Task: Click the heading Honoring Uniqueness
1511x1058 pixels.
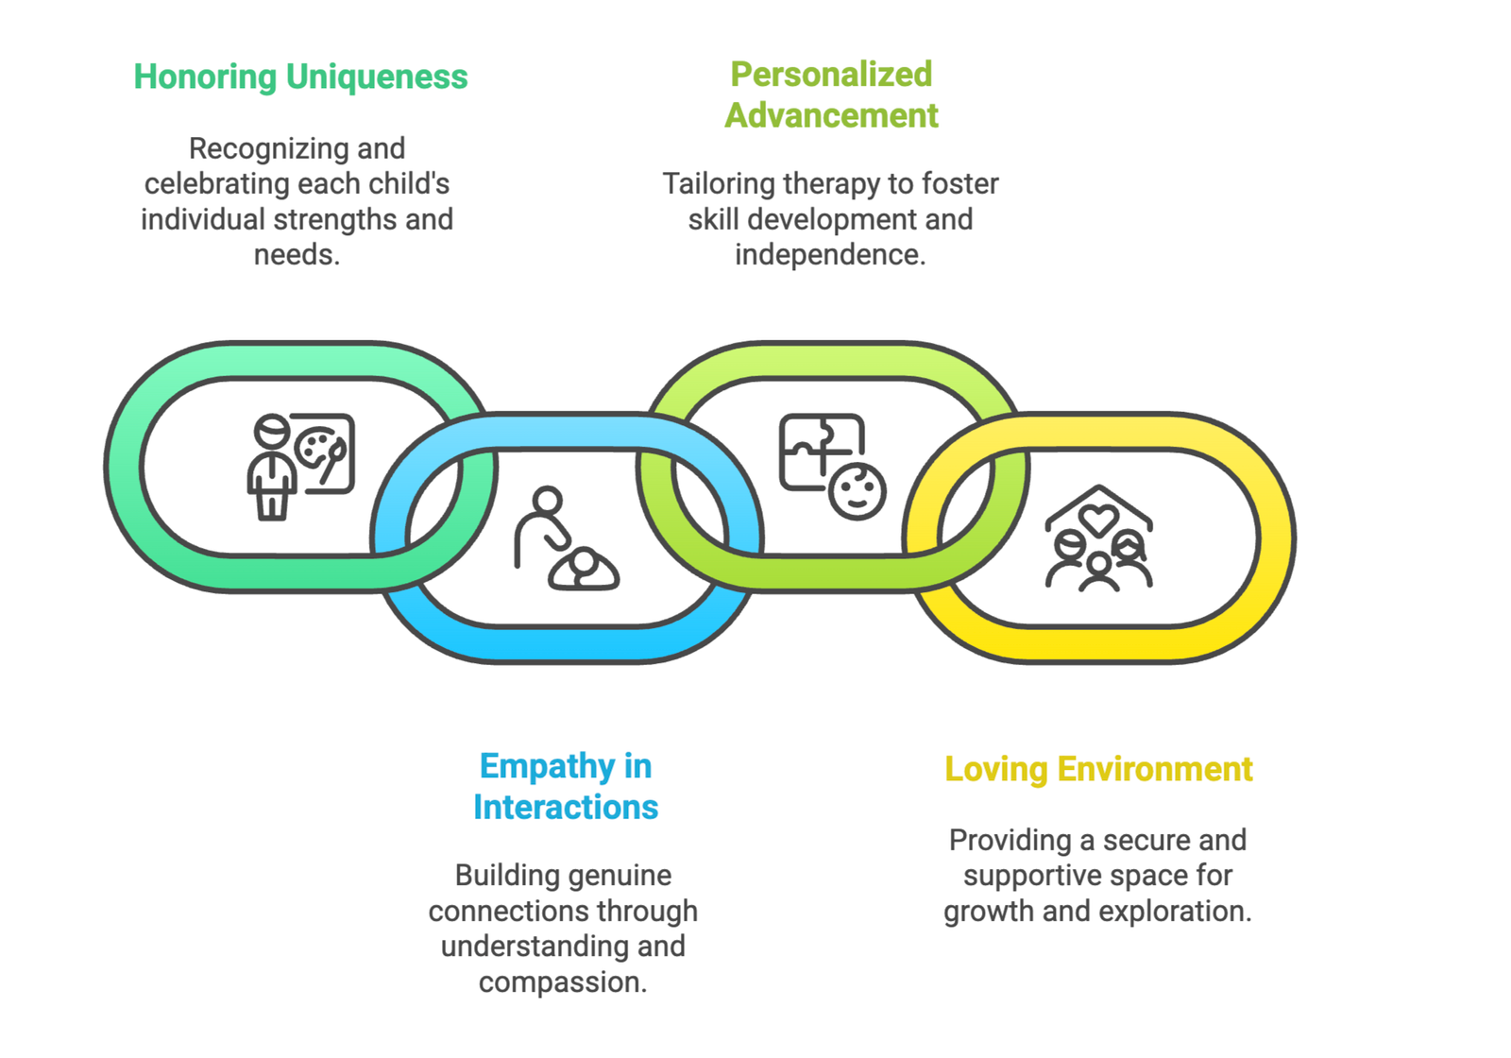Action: click(300, 77)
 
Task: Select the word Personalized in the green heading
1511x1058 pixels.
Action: click(831, 74)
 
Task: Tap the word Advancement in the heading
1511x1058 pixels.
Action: click(831, 115)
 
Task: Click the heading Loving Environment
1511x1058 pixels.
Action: click(1098, 769)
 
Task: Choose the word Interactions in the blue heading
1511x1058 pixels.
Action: click(565, 808)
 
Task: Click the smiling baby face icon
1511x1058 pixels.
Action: click(857, 491)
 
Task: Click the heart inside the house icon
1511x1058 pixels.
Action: click(1098, 519)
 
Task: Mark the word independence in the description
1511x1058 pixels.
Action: click(829, 255)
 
